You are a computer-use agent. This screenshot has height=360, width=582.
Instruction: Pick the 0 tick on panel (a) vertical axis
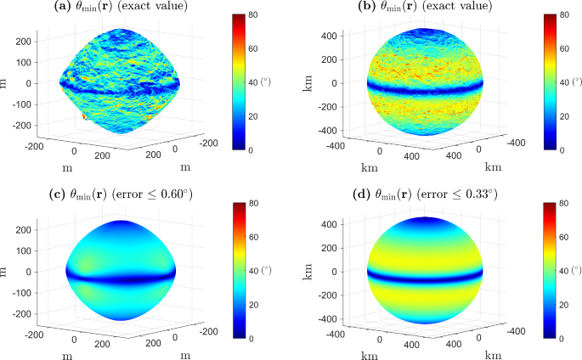(29, 84)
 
